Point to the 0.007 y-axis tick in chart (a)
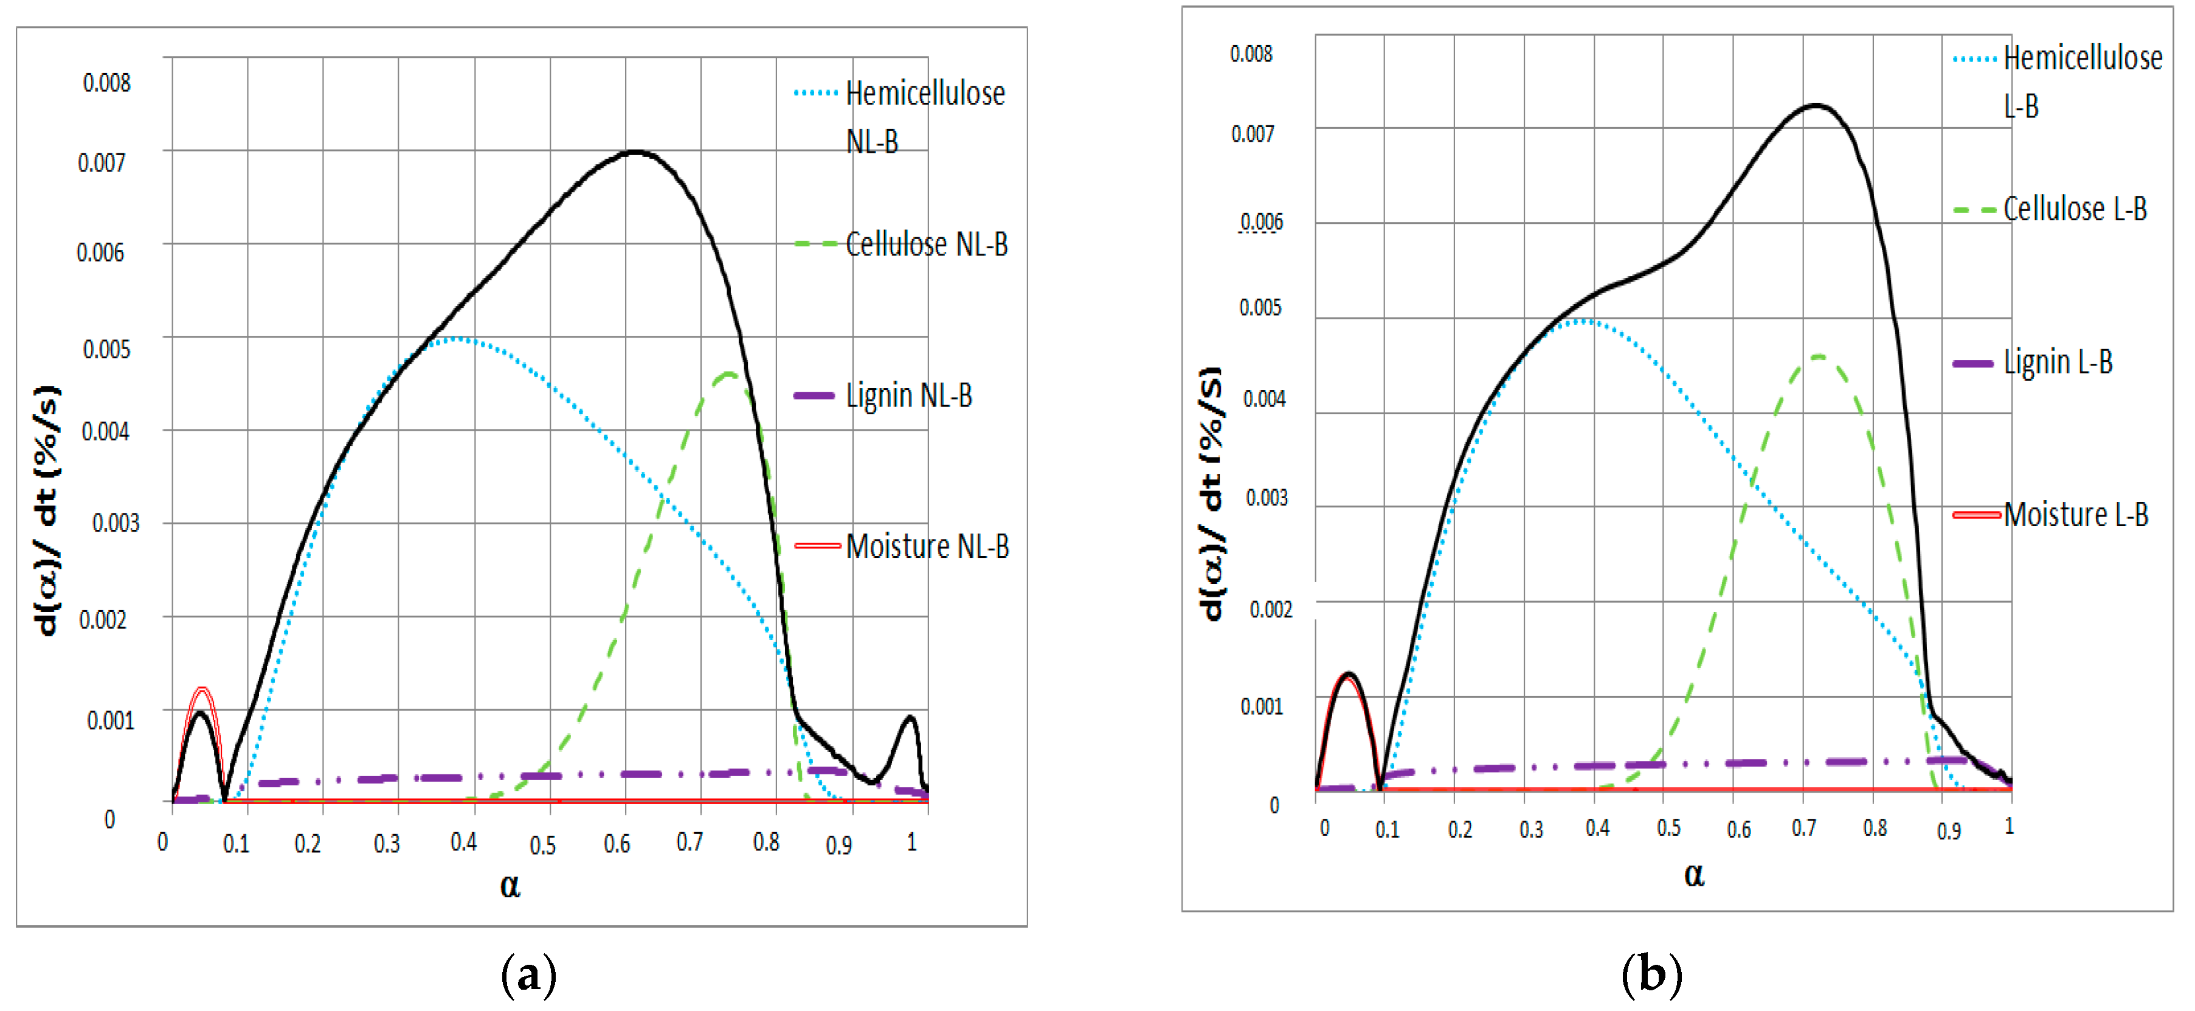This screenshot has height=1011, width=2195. pyautogui.click(x=102, y=163)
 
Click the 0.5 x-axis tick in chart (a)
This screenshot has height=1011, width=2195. pyautogui.click(x=543, y=845)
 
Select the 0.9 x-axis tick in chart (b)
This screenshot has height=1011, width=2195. pyautogui.click(x=1949, y=830)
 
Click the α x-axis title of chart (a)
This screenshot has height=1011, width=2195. pyautogui.click(x=510, y=886)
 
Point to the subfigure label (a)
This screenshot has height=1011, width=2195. pyautogui.click(x=528, y=975)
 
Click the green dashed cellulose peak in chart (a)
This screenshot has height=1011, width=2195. pyautogui.click(x=728, y=373)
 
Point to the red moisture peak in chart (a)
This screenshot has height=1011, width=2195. pyautogui.click(x=202, y=689)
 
